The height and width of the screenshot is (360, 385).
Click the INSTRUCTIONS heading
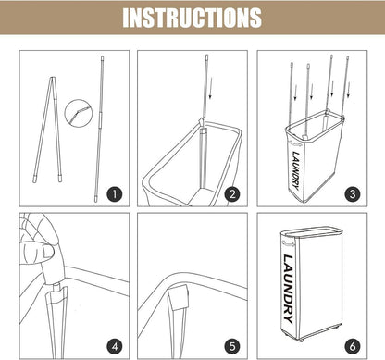192,18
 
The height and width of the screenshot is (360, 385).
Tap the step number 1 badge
115,194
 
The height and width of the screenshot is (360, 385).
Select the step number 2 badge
232,194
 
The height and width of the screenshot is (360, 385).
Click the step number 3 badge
353,194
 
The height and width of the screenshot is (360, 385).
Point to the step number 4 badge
115,346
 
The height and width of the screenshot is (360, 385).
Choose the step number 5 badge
232,346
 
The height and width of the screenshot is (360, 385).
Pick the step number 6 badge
353,346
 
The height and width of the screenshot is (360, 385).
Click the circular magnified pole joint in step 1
79,112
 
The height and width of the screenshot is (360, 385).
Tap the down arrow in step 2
211,89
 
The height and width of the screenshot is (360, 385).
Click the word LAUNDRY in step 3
295,170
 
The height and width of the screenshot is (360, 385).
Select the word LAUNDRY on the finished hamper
288,289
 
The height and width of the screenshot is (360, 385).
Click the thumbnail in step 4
48,252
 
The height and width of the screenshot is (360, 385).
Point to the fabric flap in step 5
179,298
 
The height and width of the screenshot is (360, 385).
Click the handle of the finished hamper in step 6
288,243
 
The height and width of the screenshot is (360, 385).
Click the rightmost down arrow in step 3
349,90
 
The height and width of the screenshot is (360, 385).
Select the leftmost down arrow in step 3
295,93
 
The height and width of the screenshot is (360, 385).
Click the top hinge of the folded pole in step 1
53,79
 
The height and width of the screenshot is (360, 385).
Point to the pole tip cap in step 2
206,57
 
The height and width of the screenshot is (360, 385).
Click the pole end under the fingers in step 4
56,288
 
